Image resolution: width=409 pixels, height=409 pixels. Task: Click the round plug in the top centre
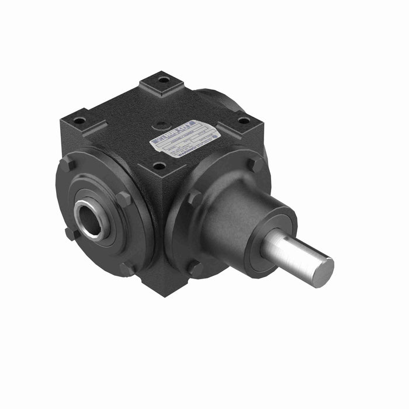click(160, 124)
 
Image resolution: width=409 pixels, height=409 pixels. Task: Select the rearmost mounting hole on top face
click(164, 79)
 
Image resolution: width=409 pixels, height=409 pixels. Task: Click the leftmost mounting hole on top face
click(79, 121)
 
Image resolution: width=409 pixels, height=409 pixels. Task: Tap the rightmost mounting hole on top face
click(244, 120)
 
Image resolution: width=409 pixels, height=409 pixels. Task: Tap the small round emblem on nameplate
click(214, 135)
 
